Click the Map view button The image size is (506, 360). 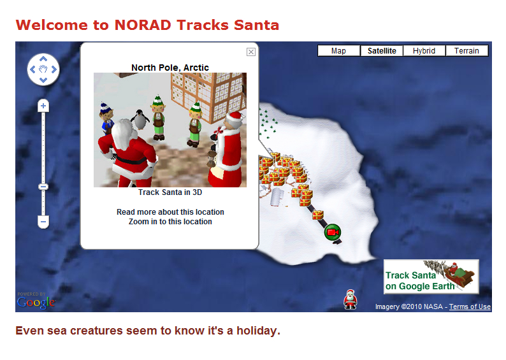(338, 50)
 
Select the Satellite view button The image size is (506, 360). (382, 50)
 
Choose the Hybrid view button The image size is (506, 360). (424, 50)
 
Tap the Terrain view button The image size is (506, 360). (466, 50)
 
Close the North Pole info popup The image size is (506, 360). (251, 52)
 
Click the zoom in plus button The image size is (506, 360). (43, 106)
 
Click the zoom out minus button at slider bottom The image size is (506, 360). (43, 222)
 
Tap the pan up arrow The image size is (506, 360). (43, 59)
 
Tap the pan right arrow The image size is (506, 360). (54, 69)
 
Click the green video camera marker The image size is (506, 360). (333, 233)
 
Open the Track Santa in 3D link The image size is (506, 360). (170, 192)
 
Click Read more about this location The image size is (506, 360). (170, 212)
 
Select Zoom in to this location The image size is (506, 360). (170, 222)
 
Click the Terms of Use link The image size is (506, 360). (470, 306)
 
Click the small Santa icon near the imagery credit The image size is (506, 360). (350, 299)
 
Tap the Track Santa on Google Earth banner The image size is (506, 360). (431, 277)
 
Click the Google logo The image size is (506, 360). (36, 303)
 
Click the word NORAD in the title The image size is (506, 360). (143, 25)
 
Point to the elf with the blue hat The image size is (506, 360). (106, 118)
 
